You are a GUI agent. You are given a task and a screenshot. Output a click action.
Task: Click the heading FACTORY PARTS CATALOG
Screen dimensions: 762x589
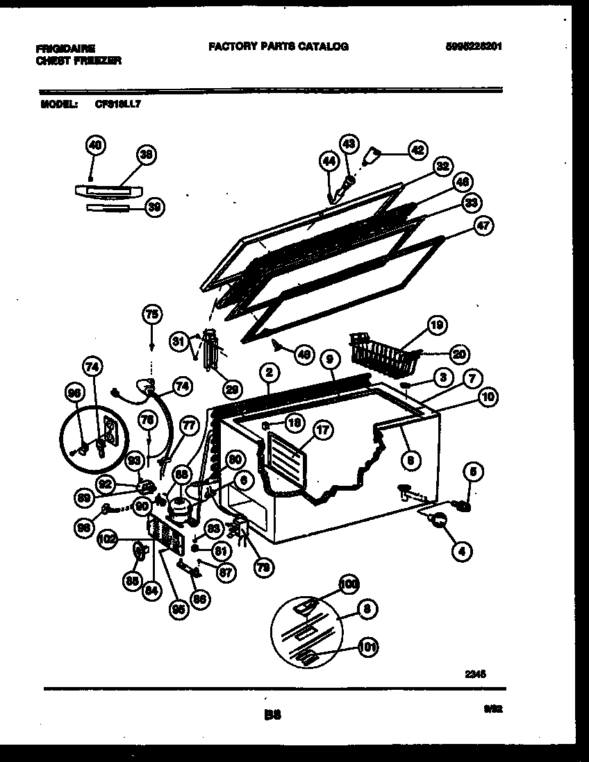pyautogui.click(x=278, y=46)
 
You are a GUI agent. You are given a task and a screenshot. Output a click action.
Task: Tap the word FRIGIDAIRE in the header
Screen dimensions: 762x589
pyautogui.click(x=65, y=49)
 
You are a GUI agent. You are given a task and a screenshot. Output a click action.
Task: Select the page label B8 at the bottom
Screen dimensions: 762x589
pyautogui.click(x=272, y=712)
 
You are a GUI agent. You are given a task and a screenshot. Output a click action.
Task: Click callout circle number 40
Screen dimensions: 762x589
pyautogui.click(x=94, y=145)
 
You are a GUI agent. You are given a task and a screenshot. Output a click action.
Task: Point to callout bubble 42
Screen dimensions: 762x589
pyautogui.click(x=417, y=149)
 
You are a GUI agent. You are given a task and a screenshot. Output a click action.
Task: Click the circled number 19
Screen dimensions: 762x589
pyautogui.click(x=437, y=325)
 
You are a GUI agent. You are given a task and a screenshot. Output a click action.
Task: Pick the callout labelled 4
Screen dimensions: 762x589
pyautogui.click(x=460, y=552)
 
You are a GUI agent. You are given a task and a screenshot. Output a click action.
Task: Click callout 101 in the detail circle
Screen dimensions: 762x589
pyautogui.click(x=368, y=647)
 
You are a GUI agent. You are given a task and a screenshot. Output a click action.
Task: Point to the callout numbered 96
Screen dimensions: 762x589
pyautogui.click(x=74, y=393)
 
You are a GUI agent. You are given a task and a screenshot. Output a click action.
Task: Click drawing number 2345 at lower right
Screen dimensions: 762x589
pyautogui.click(x=475, y=672)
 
